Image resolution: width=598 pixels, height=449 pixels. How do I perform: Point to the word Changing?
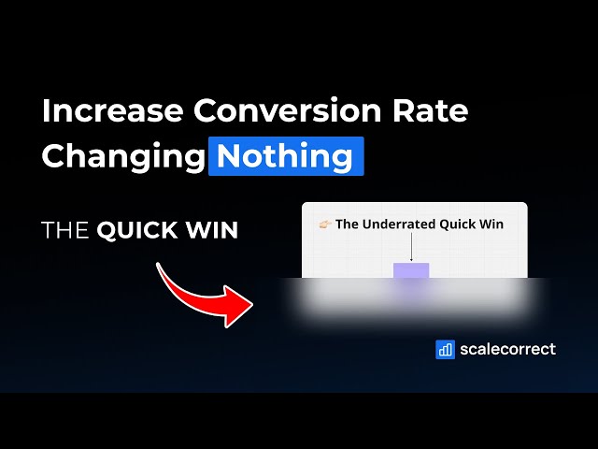[122, 155]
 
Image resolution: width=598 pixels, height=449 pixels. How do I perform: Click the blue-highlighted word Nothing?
[285, 155]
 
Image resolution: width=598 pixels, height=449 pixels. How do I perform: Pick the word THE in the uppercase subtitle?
[65, 230]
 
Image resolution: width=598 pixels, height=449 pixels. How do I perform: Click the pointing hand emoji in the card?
[326, 224]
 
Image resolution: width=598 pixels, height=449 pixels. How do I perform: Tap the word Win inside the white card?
[491, 224]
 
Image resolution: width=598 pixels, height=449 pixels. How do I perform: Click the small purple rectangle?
[411, 271]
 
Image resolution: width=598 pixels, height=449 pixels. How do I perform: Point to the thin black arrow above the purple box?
[411, 249]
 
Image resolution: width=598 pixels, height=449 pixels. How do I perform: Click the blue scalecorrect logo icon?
[445, 350]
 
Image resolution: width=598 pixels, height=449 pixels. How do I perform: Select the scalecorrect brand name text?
[507, 350]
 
